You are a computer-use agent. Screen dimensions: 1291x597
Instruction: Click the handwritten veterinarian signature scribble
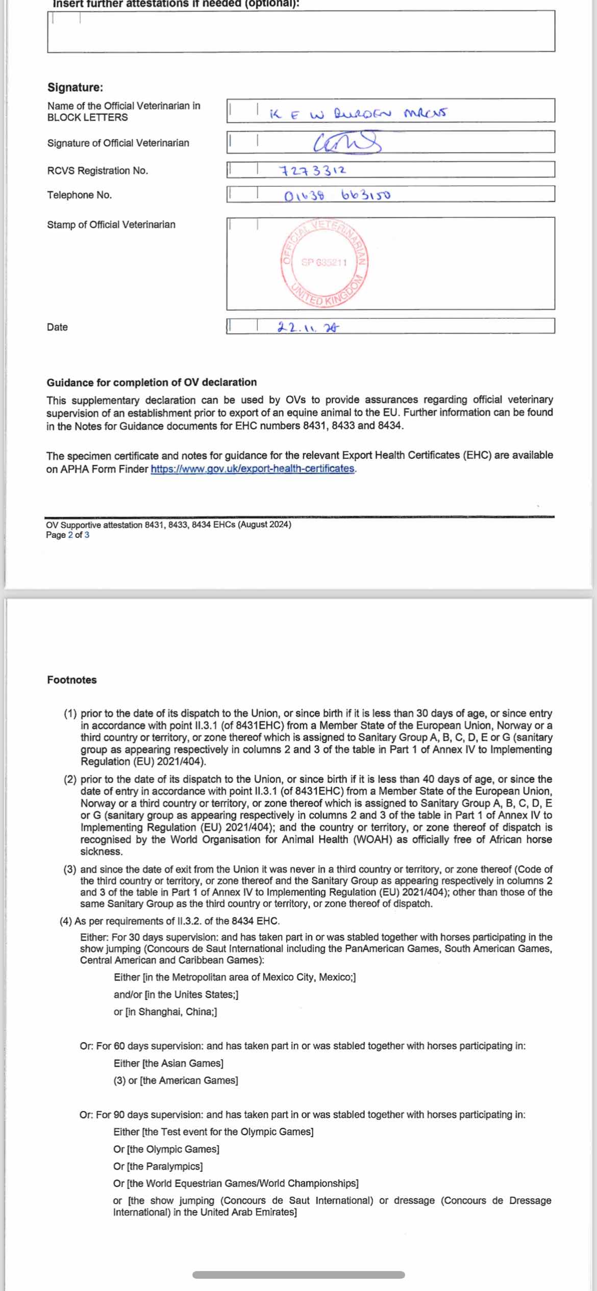pyautogui.click(x=347, y=142)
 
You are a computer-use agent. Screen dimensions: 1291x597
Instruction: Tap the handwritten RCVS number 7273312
pyautogui.click(x=312, y=170)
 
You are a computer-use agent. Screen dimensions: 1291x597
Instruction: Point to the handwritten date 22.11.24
pyautogui.click(x=308, y=327)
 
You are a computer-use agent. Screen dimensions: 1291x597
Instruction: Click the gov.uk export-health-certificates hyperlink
pyautogui.click(x=253, y=469)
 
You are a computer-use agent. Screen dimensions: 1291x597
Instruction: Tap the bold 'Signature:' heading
pyautogui.click(x=75, y=87)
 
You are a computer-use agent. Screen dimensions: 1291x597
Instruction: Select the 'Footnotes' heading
pyautogui.click(x=72, y=680)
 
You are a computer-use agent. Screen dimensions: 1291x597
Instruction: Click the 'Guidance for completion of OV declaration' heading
pyautogui.click(x=152, y=382)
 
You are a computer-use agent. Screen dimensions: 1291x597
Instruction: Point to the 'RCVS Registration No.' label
pyautogui.click(x=97, y=171)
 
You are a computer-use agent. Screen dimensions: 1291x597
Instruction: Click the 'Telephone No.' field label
pyautogui.click(x=79, y=195)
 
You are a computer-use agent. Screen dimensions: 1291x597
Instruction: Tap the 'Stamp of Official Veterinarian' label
pyautogui.click(x=111, y=224)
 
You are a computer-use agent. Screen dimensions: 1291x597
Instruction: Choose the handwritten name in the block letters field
pyautogui.click(x=357, y=113)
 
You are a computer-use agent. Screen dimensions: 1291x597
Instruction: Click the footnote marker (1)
pyautogui.click(x=70, y=713)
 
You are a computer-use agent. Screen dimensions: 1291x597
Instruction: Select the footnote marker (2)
pyautogui.click(x=70, y=779)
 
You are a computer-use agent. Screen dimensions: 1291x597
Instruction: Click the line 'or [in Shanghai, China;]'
pyautogui.click(x=165, y=1012)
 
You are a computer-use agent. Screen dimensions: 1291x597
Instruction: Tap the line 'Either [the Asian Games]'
pyautogui.click(x=168, y=1063)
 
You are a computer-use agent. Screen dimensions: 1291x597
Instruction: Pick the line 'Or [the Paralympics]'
pyautogui.click(x=158, y=1166)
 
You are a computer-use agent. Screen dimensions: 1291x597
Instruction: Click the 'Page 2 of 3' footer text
pyautogui.click(x=67, y=535)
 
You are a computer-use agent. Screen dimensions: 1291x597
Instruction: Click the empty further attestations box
pyautogui.click(x=301, y=32)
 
